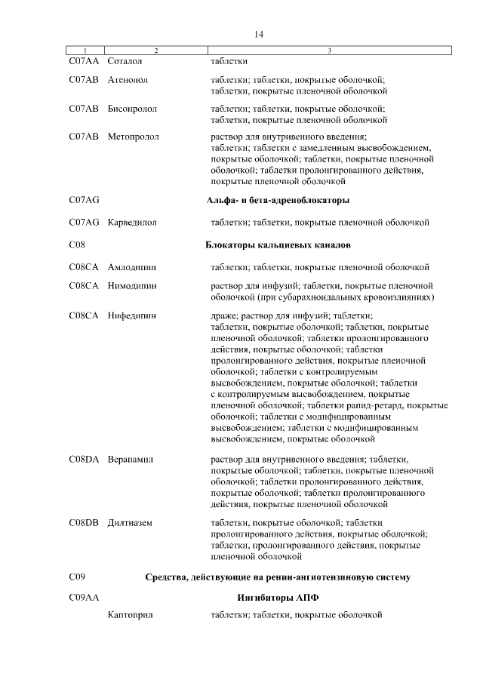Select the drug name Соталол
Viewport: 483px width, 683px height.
(x=125, y=60)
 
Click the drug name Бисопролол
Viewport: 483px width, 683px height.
(x=133, y=109)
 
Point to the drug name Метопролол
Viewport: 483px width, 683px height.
(x=133, y=137)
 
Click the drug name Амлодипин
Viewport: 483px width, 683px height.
(x=132, y=267)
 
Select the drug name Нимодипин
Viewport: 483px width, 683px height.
(x=133, y=286)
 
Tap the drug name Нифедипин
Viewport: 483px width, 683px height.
(x=132, y=315)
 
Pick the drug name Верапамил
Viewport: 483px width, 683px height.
(x=131, y=459)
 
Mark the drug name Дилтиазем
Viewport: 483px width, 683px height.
(x=131, y=522)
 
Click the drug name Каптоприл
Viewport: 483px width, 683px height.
(x=131, y=616)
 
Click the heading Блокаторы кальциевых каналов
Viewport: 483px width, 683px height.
(x=277, y=245)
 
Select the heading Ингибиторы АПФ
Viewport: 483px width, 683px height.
(x=277, y=597)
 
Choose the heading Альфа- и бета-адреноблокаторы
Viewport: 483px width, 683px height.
(x=277, y=200)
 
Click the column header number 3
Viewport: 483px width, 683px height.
(x=330, y=51)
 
